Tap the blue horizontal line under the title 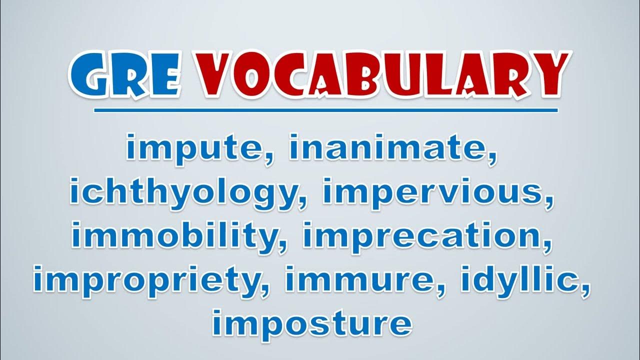[x=325, y=110]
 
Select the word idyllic [x=518, y=281]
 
